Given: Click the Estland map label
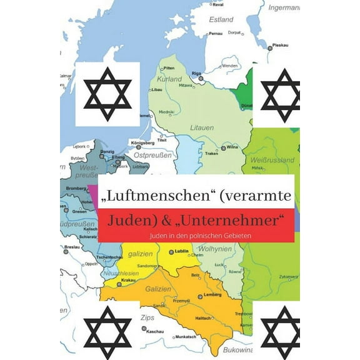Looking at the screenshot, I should [221, 19].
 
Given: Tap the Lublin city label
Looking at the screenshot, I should [182, 251].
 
